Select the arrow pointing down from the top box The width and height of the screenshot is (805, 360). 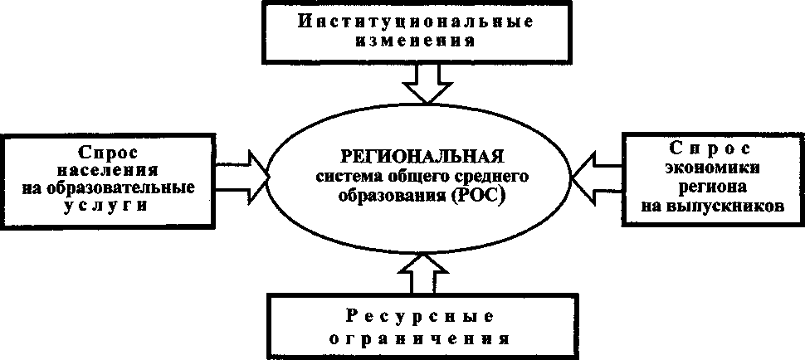point(427,85)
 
